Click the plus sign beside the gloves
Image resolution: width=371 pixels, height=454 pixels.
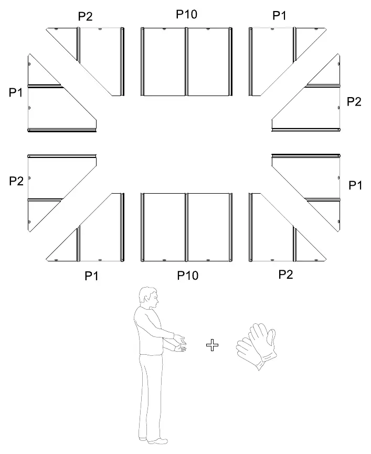pos(212,345)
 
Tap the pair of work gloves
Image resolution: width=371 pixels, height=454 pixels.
pos(256,346)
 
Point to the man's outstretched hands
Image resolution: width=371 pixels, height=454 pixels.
pos(179,343)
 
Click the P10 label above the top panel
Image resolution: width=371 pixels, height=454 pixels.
pos(187,14)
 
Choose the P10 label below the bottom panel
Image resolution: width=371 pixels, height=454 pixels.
pos(188,276)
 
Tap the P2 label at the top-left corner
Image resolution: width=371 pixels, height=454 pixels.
pos(86,16)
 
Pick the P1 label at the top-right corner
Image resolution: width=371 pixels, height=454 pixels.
pos(279,15)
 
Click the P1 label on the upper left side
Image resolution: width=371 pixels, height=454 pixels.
pos(16,92)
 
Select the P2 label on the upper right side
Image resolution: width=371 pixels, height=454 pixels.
pos(354,101)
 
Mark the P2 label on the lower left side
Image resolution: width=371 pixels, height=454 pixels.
pos(16,181)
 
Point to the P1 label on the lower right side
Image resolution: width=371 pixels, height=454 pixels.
pos(355,185)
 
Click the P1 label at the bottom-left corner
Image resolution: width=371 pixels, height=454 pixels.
pos(91,276)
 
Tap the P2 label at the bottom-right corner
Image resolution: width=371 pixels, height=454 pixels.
pos(286,274)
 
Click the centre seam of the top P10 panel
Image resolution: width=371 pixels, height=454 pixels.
pos(186,62)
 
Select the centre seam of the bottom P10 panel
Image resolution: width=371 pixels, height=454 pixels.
pos(186,227)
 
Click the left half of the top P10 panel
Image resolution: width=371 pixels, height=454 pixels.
pos(164,62)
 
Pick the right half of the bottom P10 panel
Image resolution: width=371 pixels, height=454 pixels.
pos(208,227)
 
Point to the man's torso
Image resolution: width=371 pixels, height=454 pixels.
pos(150,332)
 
